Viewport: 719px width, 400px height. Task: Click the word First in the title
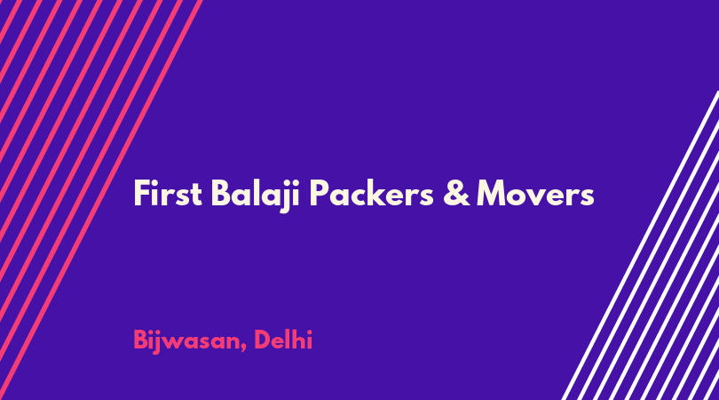[x=168, y=194]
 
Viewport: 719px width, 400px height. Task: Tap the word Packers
[x=371, y=194]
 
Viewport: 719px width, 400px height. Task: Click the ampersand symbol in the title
[x=456, y=194]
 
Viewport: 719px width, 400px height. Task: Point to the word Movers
[x=535, y=194]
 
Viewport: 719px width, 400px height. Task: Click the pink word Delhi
[x=283, y=340]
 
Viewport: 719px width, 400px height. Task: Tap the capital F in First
[x=142, y=194]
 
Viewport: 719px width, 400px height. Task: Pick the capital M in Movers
[x=493, y=194]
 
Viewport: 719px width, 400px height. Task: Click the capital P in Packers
[x=320, y=194]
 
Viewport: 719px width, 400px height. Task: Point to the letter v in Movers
[x=538, y=197]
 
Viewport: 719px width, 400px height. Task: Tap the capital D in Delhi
[x=263, y=340]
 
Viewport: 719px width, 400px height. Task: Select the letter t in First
[x=196, y=196]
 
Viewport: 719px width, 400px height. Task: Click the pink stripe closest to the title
[x=100, y=200]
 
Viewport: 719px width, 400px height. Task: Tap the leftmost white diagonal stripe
[x=640, y=245]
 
